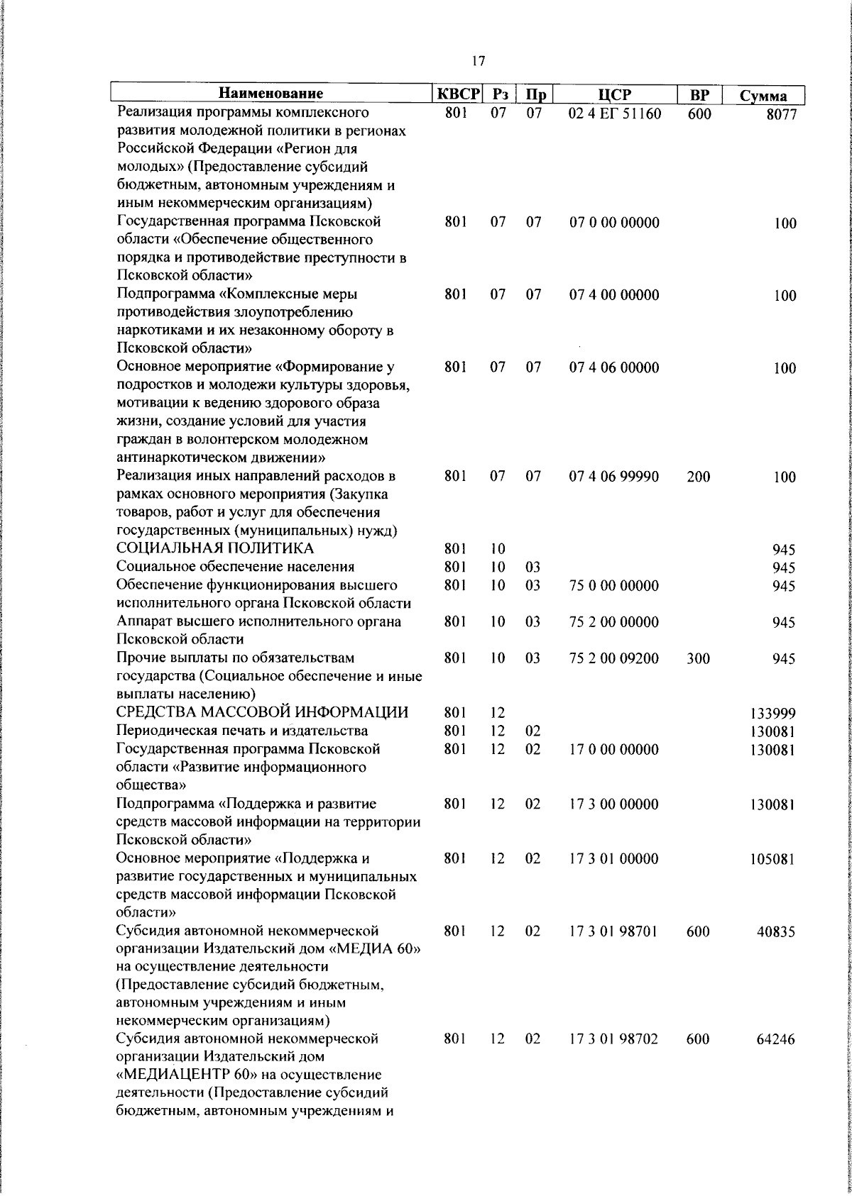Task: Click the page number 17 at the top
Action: pos(478,61)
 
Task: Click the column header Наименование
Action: pos(271,94)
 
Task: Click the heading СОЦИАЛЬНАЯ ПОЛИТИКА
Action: pos(215,548)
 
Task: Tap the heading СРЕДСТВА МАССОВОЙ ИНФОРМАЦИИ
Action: pos(262,712)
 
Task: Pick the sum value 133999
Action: pos(772,714)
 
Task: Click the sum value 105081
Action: pos(772,860)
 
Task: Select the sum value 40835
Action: pos(776,932)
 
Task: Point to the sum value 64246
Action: pos(776,1040)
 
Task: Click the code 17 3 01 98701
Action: pos(613,931)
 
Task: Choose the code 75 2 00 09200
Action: pos(613,658)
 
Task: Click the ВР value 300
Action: pos(699,658)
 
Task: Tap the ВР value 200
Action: pos(699,477)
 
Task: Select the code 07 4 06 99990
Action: pos(613,477)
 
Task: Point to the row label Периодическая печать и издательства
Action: pos(242,731)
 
